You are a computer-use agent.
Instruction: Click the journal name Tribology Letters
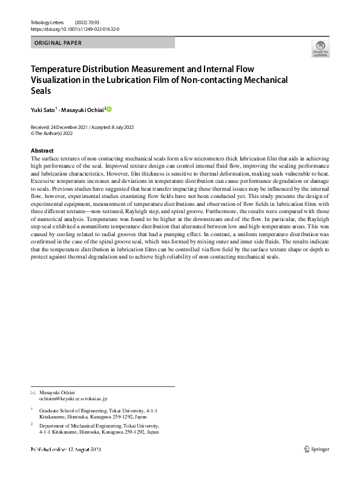(47, 22)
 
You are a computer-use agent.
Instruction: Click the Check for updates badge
(320, 50)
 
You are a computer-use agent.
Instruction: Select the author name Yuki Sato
(42, 110)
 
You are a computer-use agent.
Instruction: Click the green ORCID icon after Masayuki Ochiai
(110, 110)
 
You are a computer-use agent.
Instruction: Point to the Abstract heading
(42, 150)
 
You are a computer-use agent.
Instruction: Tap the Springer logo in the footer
(316, 449)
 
